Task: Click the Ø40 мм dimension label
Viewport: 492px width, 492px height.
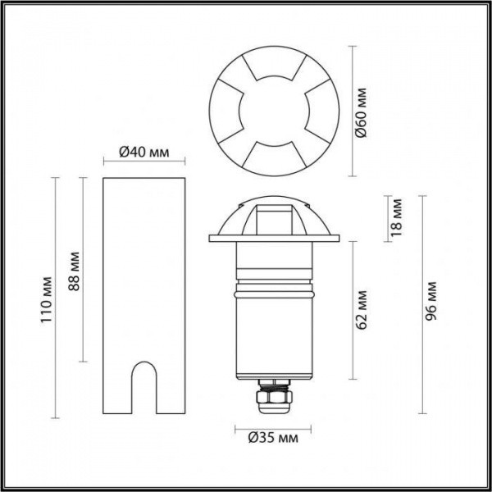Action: (x=143, y=151)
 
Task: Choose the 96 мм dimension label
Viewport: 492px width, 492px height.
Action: (x=432, y=304)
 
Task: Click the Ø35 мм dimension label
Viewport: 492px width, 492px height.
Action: (x=273, y=439)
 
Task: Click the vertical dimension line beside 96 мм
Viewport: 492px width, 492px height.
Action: (x=421, y=305)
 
